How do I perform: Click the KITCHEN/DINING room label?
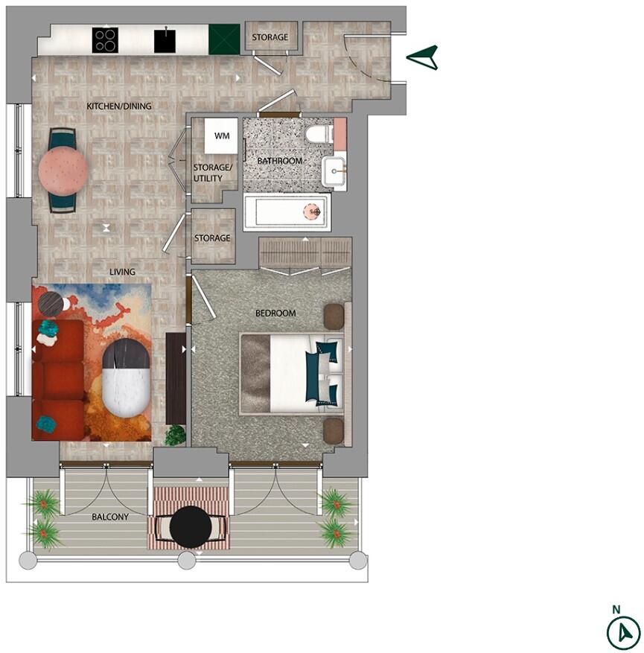click(119, 106)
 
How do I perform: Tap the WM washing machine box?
click(221, 136)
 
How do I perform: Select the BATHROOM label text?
click(279, 161)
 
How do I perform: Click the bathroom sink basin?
click(334, 171)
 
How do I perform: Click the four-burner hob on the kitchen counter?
click(105, 39)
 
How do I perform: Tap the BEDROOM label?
click(275, 313)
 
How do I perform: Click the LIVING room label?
click(122, 273)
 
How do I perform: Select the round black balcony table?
click(191, 526)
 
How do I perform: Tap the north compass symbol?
click(623, 633)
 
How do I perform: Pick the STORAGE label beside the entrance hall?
click(270, 37)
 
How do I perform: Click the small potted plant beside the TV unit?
click(175, 435)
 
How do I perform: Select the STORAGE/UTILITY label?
click(213, 173)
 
